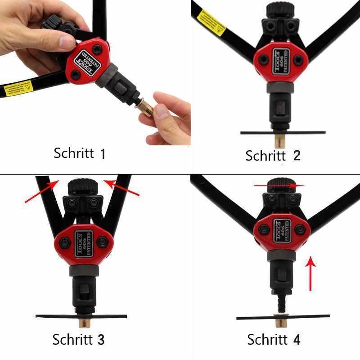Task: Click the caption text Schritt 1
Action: point(79,153)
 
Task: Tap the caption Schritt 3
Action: point(78,339)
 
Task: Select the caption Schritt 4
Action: point(274,339)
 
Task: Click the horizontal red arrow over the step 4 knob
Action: point(279,185)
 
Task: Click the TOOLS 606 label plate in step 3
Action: point(83,243)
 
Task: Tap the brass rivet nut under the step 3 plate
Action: point(84,323)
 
